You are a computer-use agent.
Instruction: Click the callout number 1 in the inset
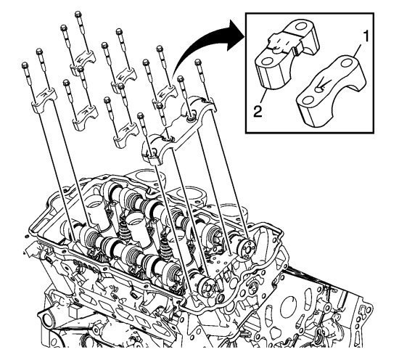(x=365, y=36)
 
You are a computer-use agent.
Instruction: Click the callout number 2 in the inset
(x=258, y=112)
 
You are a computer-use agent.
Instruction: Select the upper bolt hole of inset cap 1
(x=346, y=62)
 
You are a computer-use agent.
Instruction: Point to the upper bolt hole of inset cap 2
(x=302, y=27)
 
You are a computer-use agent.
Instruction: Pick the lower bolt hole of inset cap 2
(x=268, y=61)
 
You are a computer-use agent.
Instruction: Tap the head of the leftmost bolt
(x=25, y=65)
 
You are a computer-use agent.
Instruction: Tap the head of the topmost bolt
(x=78, y=15)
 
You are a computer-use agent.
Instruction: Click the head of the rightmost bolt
(x=198, y=62)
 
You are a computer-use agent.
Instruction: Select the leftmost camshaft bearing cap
(x=44, y=100)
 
